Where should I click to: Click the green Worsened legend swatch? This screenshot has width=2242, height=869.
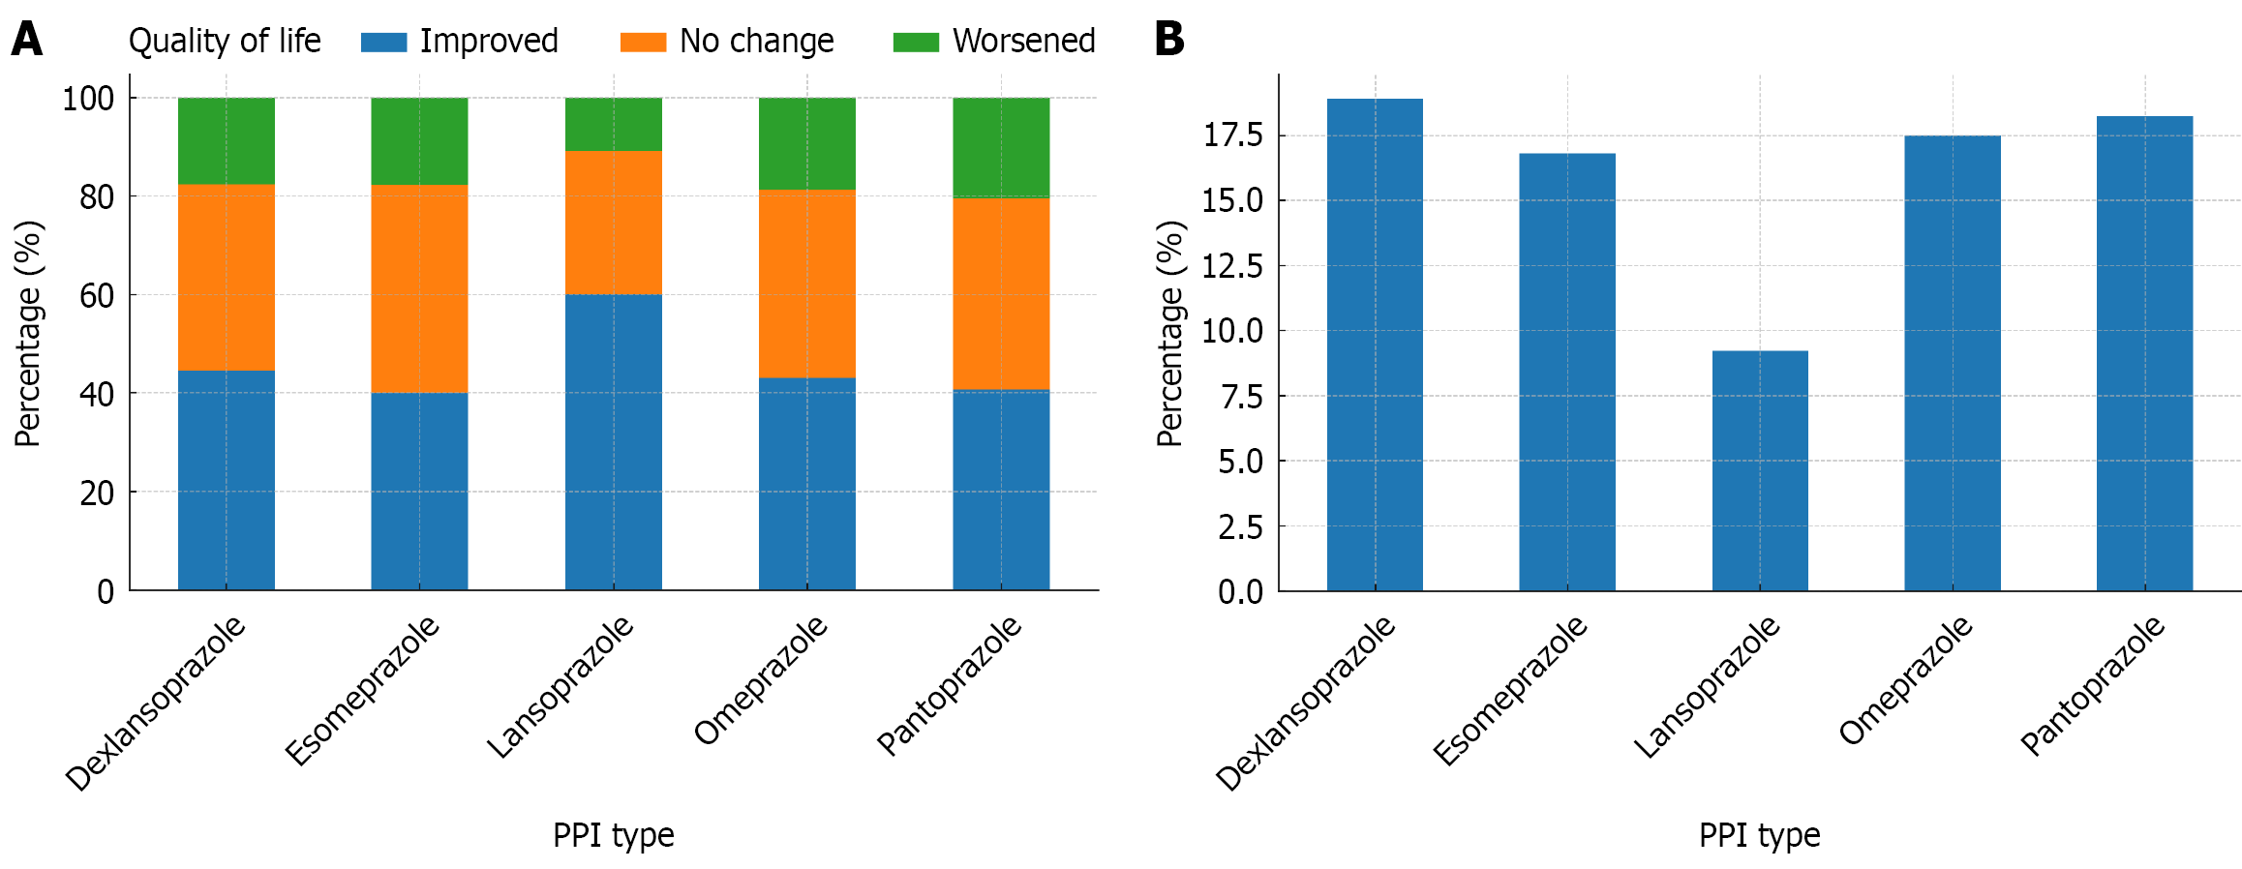coord(915,42)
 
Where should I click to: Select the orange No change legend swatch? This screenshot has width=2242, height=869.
coord(643,42)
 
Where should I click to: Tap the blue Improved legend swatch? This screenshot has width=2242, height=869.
coord(383,42)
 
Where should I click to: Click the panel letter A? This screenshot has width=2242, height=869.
coord(27,40)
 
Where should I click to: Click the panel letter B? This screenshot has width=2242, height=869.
coord(1168,40)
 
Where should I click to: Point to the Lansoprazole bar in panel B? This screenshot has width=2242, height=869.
coord(1759,470)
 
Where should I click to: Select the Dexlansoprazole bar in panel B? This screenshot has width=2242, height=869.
coord(1375,345)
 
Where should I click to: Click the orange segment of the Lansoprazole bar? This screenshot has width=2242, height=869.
coord(613,223)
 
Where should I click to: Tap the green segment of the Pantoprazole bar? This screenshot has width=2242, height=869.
coord(1000,148)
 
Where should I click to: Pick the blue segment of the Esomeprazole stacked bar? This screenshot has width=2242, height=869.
coord(419,491)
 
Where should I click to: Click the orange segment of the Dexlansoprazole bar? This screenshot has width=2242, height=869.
coord(226,278)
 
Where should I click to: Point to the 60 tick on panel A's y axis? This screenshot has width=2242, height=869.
coord(97,296)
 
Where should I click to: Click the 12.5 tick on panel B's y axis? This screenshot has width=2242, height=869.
coord(1232,266)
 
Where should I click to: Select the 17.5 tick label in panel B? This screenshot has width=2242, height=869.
coord(1232,135)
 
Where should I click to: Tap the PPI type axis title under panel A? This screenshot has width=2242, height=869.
coord(613,834)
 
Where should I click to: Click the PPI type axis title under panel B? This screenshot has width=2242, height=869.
coord(1759,834)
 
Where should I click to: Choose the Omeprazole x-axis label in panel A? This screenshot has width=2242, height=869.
coord(761,680)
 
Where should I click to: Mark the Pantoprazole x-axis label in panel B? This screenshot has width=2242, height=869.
coord(2092,685)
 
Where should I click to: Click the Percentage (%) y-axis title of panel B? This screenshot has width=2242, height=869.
coord(1170,333)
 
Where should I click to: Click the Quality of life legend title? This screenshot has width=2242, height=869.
coord(225,41)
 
